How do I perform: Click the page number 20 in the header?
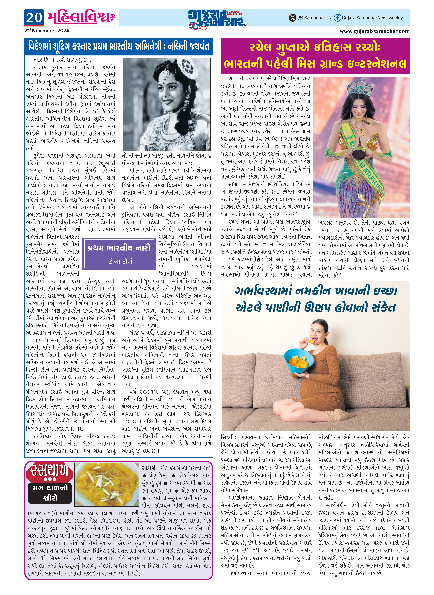pyautogui.click(x=34, y=18)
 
